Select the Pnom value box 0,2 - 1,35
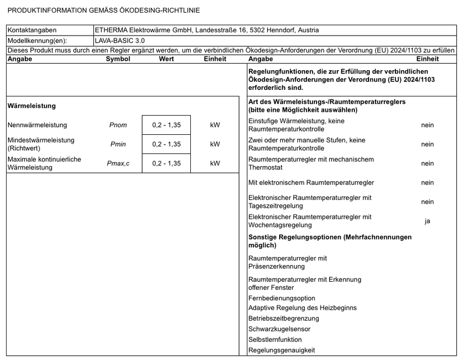[166, 125]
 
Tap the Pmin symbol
[118, 144]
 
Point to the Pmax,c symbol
[118, 163]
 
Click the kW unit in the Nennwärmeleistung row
[215, 125]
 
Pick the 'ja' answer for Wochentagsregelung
[427, 221]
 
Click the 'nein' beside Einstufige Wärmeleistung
[427, 125]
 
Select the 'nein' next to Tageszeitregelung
[427, 202]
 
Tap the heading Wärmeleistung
[32, 106]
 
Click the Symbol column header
[118, 59]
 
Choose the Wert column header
[166, 59]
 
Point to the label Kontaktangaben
[32, 30]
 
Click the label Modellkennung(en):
[36, 41]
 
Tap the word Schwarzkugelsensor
[279, 329]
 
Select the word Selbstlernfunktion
[275, 340]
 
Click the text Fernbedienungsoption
[282, 298]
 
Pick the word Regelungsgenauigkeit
[281, 350]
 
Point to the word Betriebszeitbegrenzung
[284, 318]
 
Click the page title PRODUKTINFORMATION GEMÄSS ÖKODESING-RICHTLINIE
[104, 10]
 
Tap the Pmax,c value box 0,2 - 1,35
[166, 163]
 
